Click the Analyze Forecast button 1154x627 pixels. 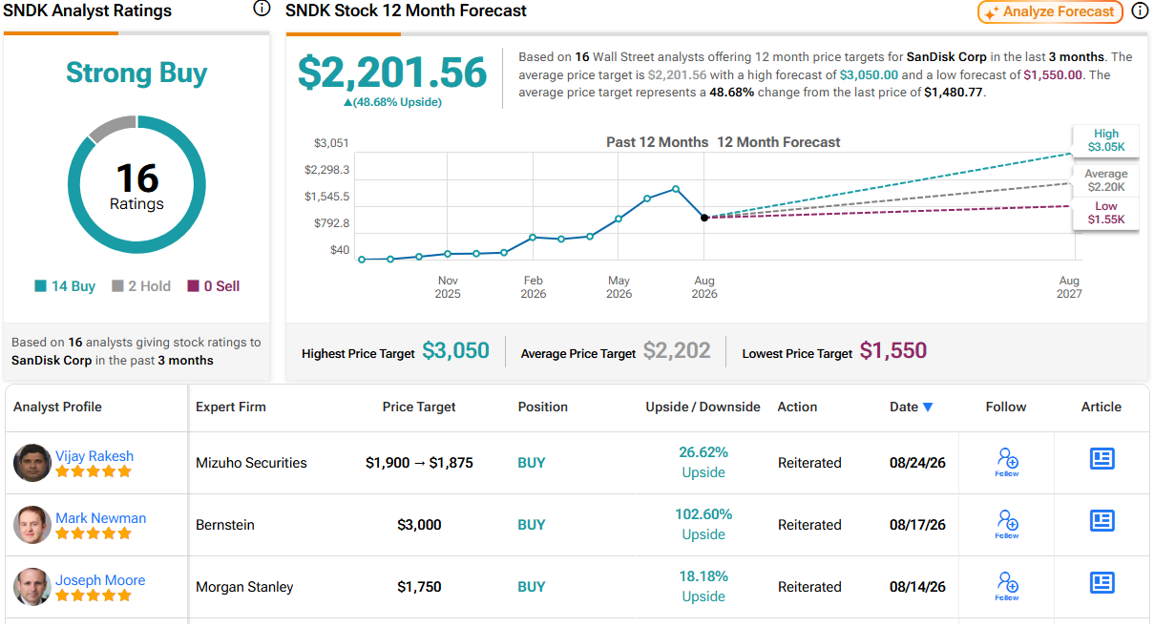click(1049, 11)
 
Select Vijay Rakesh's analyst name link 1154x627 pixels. click(94, 456)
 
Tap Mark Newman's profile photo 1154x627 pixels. click(31, 525)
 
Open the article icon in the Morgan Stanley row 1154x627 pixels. click(1102, 583)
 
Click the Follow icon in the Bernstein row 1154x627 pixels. click(1007, 524)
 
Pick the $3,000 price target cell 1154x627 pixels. click(419, 525)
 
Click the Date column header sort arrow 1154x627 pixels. click(928, 407)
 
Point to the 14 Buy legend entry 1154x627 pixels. click(65, 286)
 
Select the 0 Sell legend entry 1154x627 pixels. click(213, 286)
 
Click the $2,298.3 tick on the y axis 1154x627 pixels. click(326, 170)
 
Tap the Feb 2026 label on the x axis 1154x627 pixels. click(534, 287)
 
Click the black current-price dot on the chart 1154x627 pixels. click(704, 218)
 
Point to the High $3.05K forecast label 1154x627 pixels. click(1105, 140)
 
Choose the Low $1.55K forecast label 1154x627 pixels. click(1105, 213)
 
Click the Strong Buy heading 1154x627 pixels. click(136, 73)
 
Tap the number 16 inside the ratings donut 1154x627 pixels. click(137, 178)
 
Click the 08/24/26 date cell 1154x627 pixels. click(917, 463)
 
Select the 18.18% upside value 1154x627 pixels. click(703, 576)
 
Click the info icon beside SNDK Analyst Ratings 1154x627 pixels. click(262, 9)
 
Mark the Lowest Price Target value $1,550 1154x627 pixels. click(892, 351)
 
